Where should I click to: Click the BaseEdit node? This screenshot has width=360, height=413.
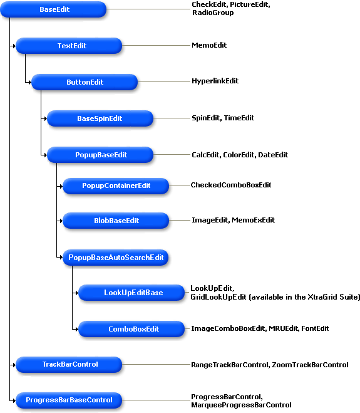(53, 9)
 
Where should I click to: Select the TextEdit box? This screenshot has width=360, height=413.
(69, 46)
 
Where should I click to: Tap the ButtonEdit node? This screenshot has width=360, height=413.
(85, 82)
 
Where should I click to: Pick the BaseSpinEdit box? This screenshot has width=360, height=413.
(100, 118)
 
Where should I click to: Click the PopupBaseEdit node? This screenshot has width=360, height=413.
(100, 155)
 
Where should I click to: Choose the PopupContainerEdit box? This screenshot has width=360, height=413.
(116, 186)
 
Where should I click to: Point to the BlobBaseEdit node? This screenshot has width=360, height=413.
(116, 221)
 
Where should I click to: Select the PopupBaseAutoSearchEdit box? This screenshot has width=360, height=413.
(116, 258)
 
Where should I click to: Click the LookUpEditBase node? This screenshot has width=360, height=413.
(131, 293)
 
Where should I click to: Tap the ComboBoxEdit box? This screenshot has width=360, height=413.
(131, 329)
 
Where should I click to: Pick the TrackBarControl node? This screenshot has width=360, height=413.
(69, 365)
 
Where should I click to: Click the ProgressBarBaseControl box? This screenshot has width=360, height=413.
(69, 400)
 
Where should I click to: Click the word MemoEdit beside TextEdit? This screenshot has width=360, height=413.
(209, 45)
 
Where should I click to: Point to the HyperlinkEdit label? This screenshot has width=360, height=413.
(215, 81)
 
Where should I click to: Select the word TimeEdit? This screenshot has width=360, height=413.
(239, 118)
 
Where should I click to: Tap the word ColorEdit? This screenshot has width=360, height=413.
(239, 155)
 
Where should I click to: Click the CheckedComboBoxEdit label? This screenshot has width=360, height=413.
(231, 185)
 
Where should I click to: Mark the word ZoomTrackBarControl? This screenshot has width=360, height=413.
(310, 365)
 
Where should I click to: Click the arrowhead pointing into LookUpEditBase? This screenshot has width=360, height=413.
(76, 293)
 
